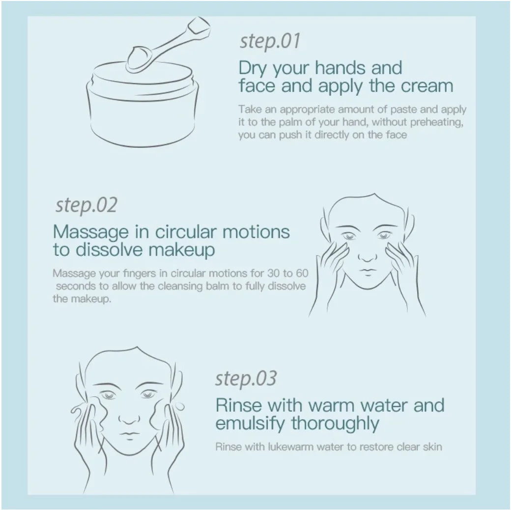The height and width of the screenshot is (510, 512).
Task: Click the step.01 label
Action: click(x=269, y=42)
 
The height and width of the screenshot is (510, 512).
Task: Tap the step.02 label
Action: click(x=86, y=205)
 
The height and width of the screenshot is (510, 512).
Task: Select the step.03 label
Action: click(x=246, y=379)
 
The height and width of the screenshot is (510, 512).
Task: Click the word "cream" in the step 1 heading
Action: click(x=427, y=86)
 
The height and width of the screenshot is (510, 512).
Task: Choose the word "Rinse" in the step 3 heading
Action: click(x=238, y=405)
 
